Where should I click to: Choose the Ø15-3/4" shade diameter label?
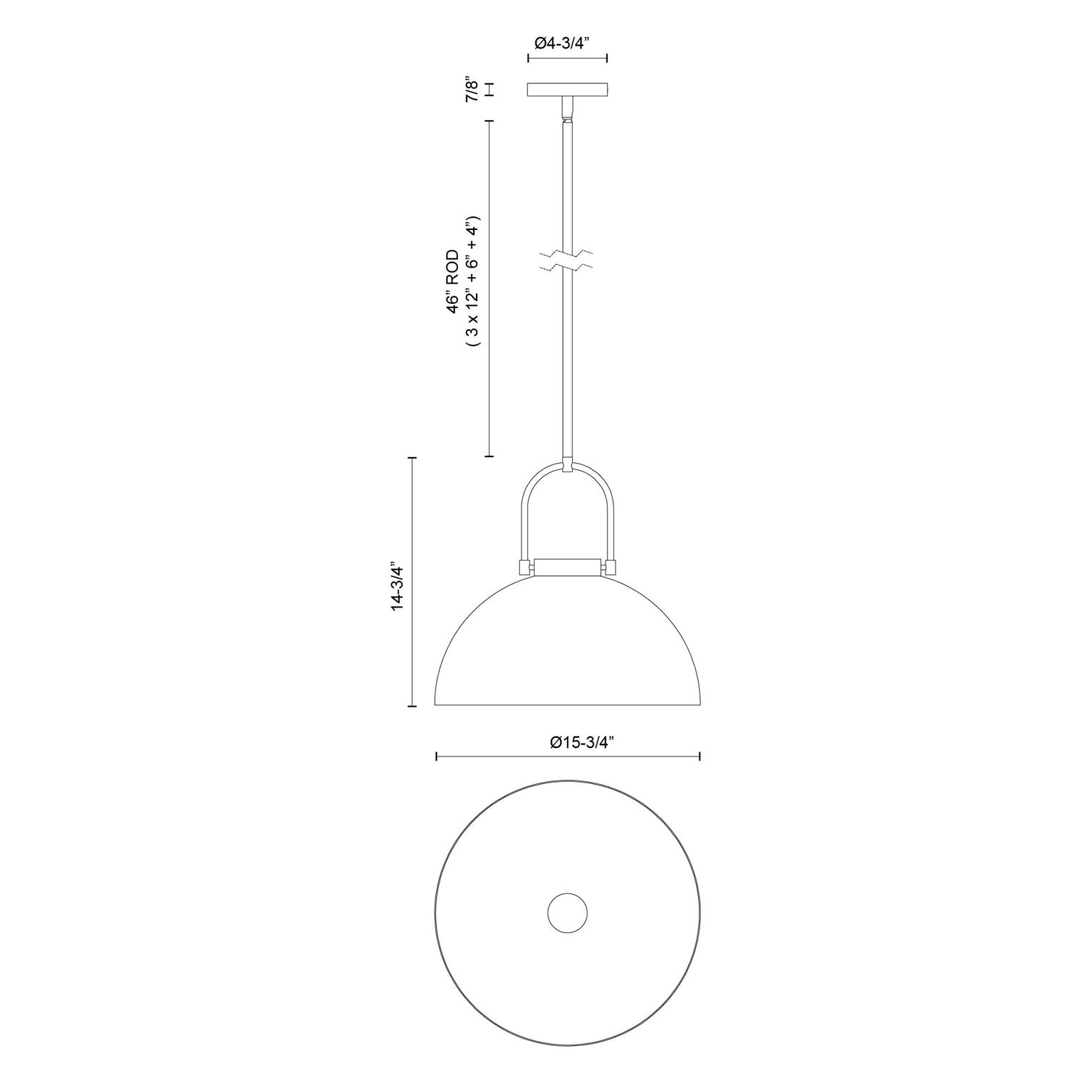click(x=582, y=741)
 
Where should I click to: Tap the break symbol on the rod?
click(x=567, y=261)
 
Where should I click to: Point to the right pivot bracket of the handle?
click(x=610, y=567)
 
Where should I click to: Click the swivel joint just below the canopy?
click(x=567, y=111)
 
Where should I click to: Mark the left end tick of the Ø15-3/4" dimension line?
click(x=436, y=757)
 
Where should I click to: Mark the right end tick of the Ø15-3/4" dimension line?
click(x=699, y=757)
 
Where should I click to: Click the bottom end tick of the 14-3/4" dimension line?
click(x=412, y=705)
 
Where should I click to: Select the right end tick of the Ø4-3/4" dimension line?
click(x=607, y=59)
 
